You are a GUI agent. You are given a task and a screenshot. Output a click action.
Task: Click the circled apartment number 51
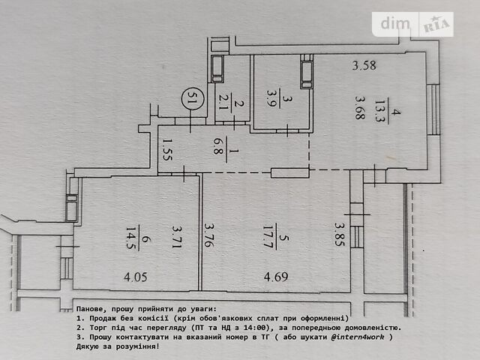192,98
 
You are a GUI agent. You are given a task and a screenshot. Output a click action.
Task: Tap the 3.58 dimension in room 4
364,65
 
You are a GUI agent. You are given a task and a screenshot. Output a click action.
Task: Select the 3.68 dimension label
360,107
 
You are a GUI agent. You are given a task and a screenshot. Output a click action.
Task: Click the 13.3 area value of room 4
380,110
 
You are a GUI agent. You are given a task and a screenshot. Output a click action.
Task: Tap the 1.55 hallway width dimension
168,149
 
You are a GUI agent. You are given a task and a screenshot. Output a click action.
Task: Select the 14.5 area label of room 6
130,238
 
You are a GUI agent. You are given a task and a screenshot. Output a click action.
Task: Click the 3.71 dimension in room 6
177,237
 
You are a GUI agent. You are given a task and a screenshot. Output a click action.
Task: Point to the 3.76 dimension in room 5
209,235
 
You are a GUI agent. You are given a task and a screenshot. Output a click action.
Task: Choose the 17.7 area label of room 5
268,236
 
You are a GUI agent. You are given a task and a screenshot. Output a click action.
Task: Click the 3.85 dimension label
340,234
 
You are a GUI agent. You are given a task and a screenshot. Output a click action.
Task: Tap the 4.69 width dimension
276,277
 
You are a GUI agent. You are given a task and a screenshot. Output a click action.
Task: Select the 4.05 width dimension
136,277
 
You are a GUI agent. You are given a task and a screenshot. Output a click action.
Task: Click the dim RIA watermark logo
412,24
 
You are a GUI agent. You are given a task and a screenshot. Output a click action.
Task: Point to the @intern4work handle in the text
357,337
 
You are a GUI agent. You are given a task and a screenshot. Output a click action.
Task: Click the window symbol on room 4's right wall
433,109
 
